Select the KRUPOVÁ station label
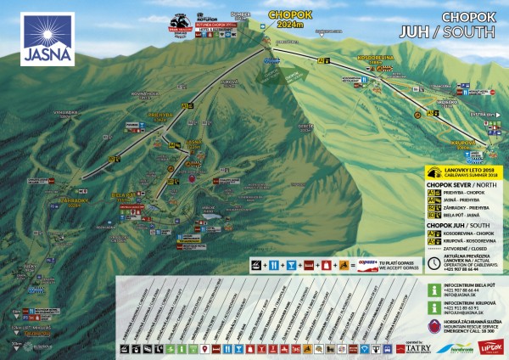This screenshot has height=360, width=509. pyautogui.click(x=463, y=143)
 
